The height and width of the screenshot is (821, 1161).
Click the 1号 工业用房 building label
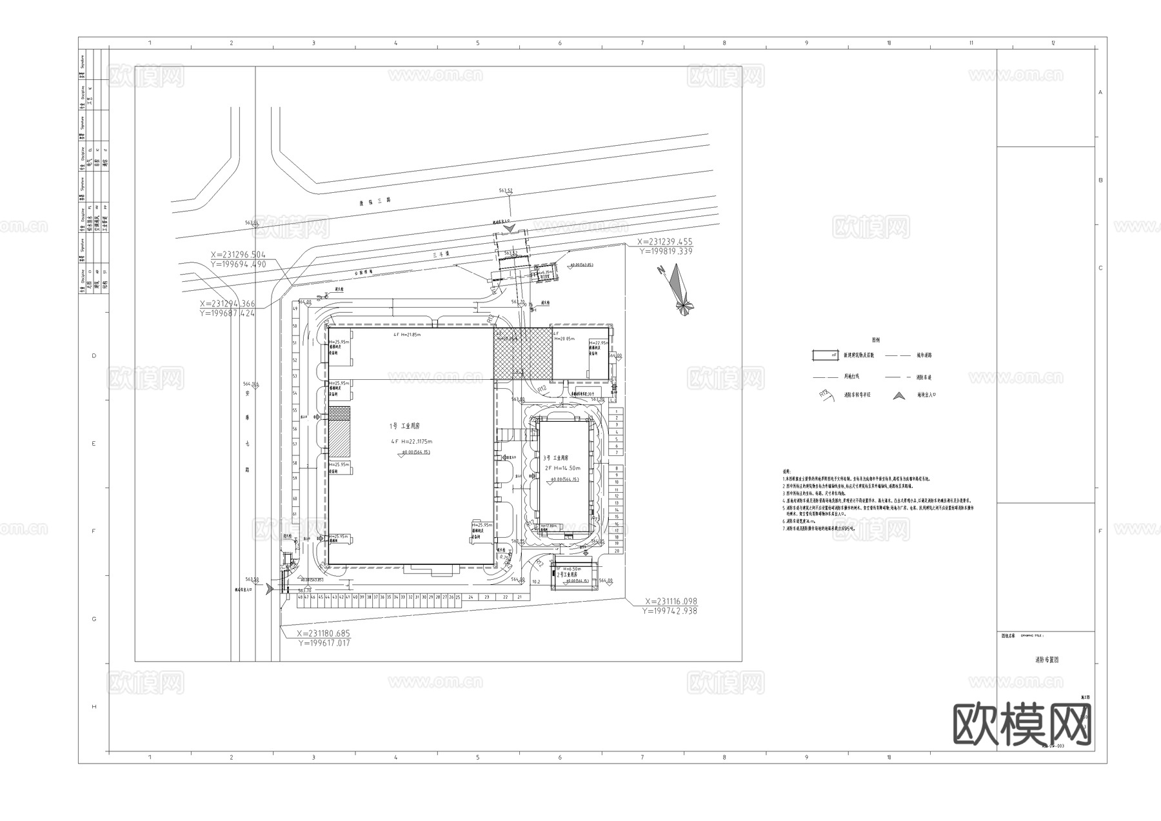[404, 426]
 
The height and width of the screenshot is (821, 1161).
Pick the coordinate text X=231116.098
[671, 601]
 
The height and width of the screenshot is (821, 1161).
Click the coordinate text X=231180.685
[323, 633]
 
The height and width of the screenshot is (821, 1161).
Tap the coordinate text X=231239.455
[664, 242]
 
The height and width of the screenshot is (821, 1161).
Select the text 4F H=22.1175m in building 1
[411, 442]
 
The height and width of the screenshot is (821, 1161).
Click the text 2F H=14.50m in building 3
[563, 468]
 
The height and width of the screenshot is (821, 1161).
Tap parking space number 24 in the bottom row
[471, 597]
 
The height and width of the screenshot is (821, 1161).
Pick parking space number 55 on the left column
[295, 410]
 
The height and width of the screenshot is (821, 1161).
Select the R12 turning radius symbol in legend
[825, 394]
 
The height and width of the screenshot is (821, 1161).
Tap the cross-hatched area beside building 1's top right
[522, 353]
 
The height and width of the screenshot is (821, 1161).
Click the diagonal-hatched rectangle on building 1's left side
[339, 439]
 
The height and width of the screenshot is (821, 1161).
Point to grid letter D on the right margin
[1100, 356]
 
